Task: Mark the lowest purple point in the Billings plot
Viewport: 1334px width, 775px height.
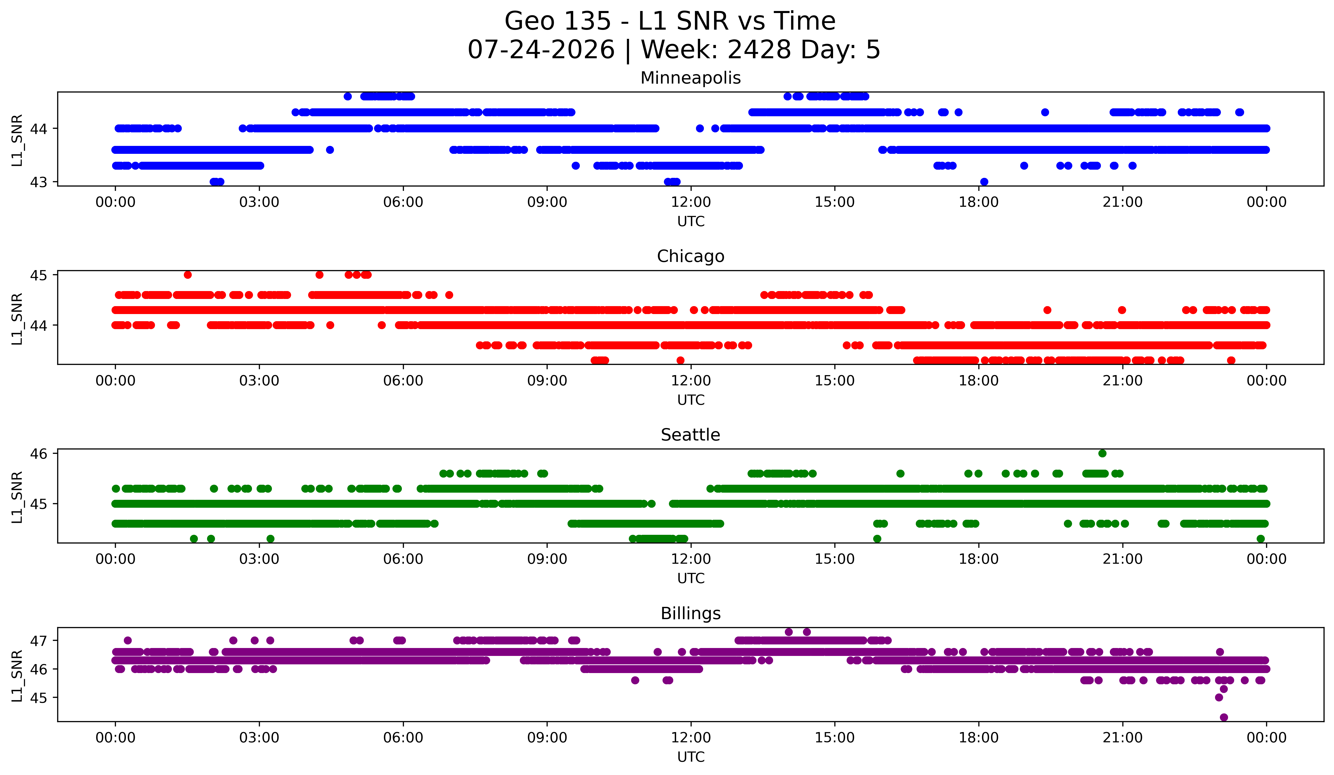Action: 1223,717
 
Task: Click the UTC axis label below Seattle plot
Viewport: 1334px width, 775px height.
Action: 691,579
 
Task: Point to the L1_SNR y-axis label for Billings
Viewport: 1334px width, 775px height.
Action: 17,676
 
